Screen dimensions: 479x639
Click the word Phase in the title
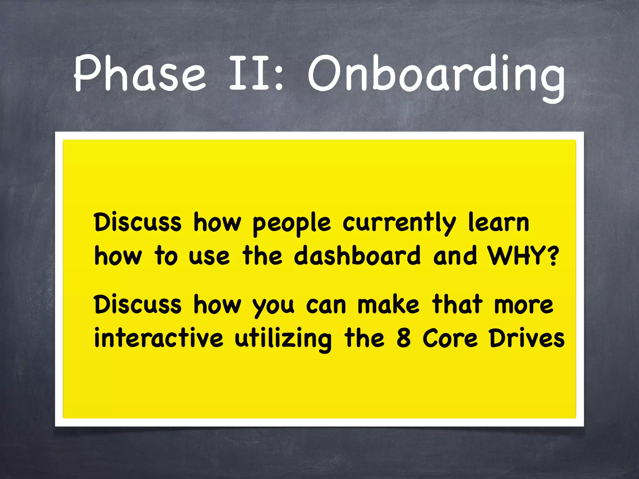[x=140, y=74]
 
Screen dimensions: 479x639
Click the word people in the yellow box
[x=291, y=223]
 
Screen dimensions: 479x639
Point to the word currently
[x=399, y=223]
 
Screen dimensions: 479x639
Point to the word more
[x=524, y=306]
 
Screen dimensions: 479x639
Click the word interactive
[x=159, y=338]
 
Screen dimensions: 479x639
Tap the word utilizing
[x=283, y=339]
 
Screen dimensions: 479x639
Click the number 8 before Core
[x=403, y=339]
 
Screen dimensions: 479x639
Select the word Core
[x=450, y=339]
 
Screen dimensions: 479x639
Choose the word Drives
[x=527, y=339]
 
